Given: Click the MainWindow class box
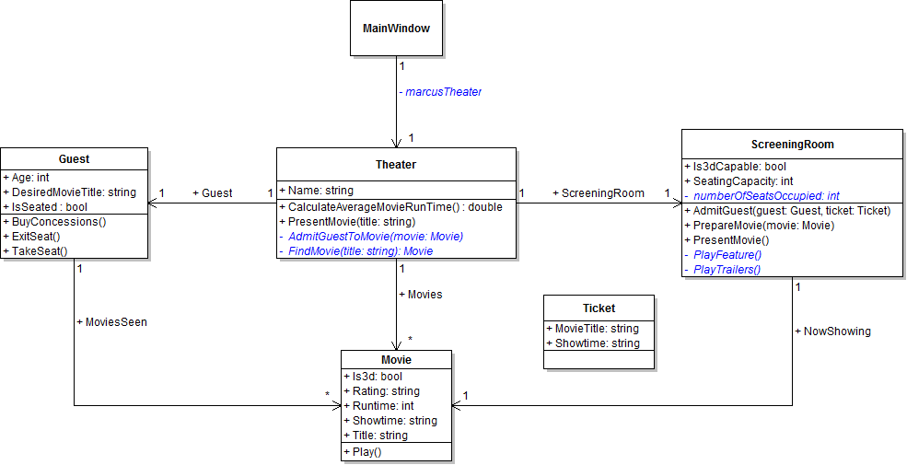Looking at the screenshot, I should (396, 29).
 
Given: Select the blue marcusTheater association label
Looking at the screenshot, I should (440, 92).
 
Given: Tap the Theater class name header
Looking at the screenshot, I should (396, 165).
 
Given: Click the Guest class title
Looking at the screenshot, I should (74, 159).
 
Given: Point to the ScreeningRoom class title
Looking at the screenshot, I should (792, 145).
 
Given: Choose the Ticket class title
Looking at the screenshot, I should (599, 308).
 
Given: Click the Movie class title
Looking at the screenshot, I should (396, 359).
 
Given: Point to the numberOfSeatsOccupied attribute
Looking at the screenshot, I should (765, 195).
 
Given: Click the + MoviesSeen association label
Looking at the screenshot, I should (112, 322).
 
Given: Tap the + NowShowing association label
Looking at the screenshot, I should (832, 331).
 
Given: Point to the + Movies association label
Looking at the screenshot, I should (420, 295).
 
